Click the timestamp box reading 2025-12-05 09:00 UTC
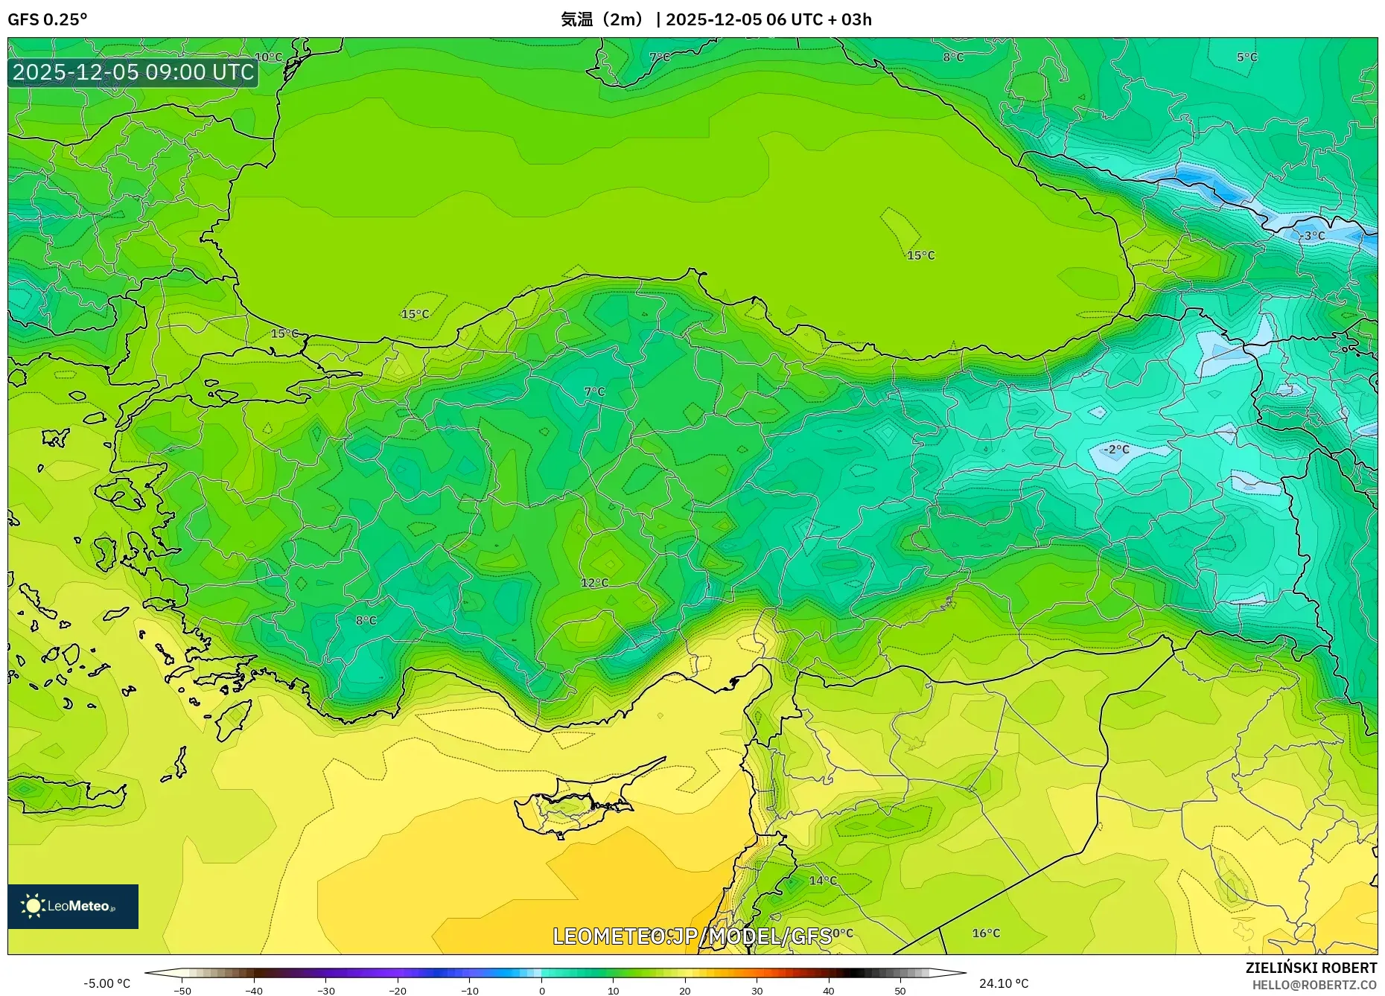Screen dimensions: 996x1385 pyautogui.click(x=133, y=72)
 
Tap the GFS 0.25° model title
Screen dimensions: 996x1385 pyautogui.click(x=47, y=19)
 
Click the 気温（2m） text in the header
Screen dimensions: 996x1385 pyautogui.click(x=602, y=19)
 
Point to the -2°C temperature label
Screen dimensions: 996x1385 pyautogui.click(x=1116, y=450)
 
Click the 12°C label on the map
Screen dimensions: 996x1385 pyautogui.click(x=594, y=583)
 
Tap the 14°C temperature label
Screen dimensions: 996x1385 pyautogui.click(x=823, y=881)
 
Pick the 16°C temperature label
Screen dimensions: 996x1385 pyautogui.click(x=986, y=933)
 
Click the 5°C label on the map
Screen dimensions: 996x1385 pyautogui.click(x=1246, y=57)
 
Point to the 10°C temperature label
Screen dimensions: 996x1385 pyautogui.click(x=269, y=57)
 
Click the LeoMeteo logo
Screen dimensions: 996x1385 pyautogui.click(x=73, y=906)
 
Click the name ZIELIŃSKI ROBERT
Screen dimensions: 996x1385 pyautogui.click(x=1311, y=968)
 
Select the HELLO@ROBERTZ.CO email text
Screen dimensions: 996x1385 pyautogui.click(x=1314, y=985)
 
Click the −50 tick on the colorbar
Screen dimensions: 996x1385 pyautogui.click(x=182, y=991)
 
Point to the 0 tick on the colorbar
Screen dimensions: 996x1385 pyautogui.click(x=542, y=991)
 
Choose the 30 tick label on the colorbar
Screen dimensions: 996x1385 pyautogui.click(x=757, y=991)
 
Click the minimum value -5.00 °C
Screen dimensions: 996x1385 pyautogui.click(x=107, y=983)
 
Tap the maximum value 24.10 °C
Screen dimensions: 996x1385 pyautogui.click(x=1003, y=983)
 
